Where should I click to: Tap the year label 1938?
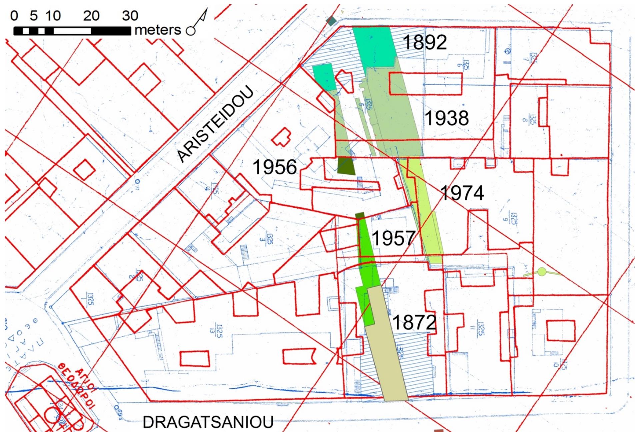pos(447,118)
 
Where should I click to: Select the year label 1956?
pos(275,167)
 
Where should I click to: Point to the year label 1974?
pos(462,193)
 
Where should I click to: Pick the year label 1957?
pos(393,238)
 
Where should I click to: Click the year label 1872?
pos(414,322)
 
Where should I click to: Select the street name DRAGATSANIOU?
pos(208,422)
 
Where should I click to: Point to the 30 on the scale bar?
pos(130,16)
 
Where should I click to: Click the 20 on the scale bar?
pos(91,16)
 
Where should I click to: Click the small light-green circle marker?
pos(542,272)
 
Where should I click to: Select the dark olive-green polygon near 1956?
pos(346,165)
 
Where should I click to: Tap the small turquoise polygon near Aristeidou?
pos(324,77)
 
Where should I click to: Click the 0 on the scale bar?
pos(14,16)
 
